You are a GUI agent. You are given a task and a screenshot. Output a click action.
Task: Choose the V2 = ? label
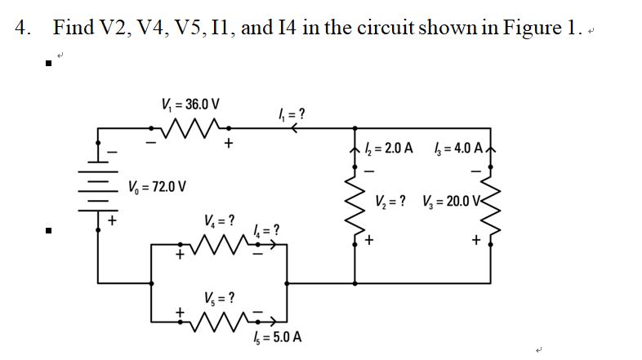[393, 202]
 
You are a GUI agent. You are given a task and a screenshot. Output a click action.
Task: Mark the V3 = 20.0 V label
[454, 202]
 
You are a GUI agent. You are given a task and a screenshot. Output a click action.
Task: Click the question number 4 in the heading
[22, 28]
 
